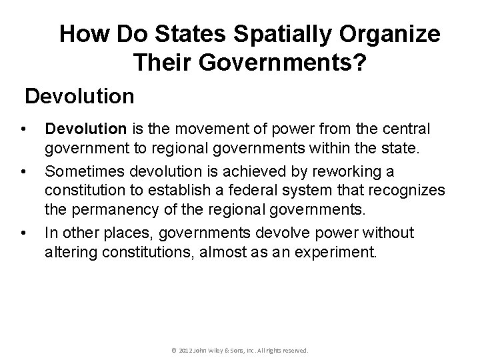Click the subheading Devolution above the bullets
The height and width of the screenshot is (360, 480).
(x=80, y=97)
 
